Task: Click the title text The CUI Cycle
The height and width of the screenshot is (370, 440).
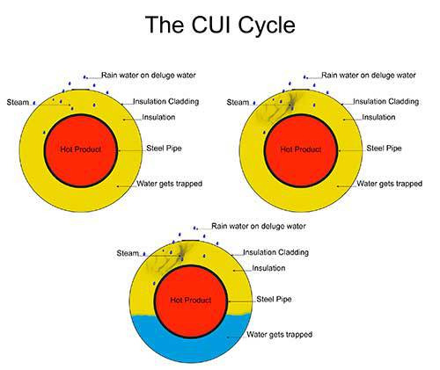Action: [x=220, y=25]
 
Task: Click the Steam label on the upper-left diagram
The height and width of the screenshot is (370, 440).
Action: [x=18, y=102]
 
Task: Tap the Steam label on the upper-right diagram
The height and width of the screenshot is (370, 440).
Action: [x=238, y=102]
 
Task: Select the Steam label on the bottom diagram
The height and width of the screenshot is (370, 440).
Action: [x=128, y=253]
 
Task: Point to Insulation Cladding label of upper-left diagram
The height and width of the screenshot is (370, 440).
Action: [x=166, y=101]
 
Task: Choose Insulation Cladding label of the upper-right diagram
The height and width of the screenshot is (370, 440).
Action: [x=386, y=101]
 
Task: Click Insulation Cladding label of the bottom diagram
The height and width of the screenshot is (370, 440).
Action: [x=276, y=252]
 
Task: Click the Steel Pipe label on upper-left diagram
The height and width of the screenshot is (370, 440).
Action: [x=164, y=149]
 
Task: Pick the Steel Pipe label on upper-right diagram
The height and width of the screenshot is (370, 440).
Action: [x=384, y=149]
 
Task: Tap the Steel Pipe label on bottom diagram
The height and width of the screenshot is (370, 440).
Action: [x=274, y=299]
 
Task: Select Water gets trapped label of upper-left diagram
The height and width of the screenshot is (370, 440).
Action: [x=170, y=184]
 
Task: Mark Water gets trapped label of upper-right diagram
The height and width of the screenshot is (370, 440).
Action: [x=390, y=184]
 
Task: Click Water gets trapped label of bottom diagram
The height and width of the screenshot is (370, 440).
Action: [x=280, y=334]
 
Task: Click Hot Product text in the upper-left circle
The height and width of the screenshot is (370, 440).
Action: [x=81, y=149]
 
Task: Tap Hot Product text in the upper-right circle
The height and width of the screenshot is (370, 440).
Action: [x=301, y=149]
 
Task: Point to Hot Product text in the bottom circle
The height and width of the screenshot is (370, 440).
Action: [x=191, y=301]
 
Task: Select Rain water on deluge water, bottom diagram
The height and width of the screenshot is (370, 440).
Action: [x=259, y=226]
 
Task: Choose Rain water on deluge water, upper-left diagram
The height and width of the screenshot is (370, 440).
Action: [x=149, y=76]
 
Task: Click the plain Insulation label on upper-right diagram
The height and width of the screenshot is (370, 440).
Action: [x=378, y=117]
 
